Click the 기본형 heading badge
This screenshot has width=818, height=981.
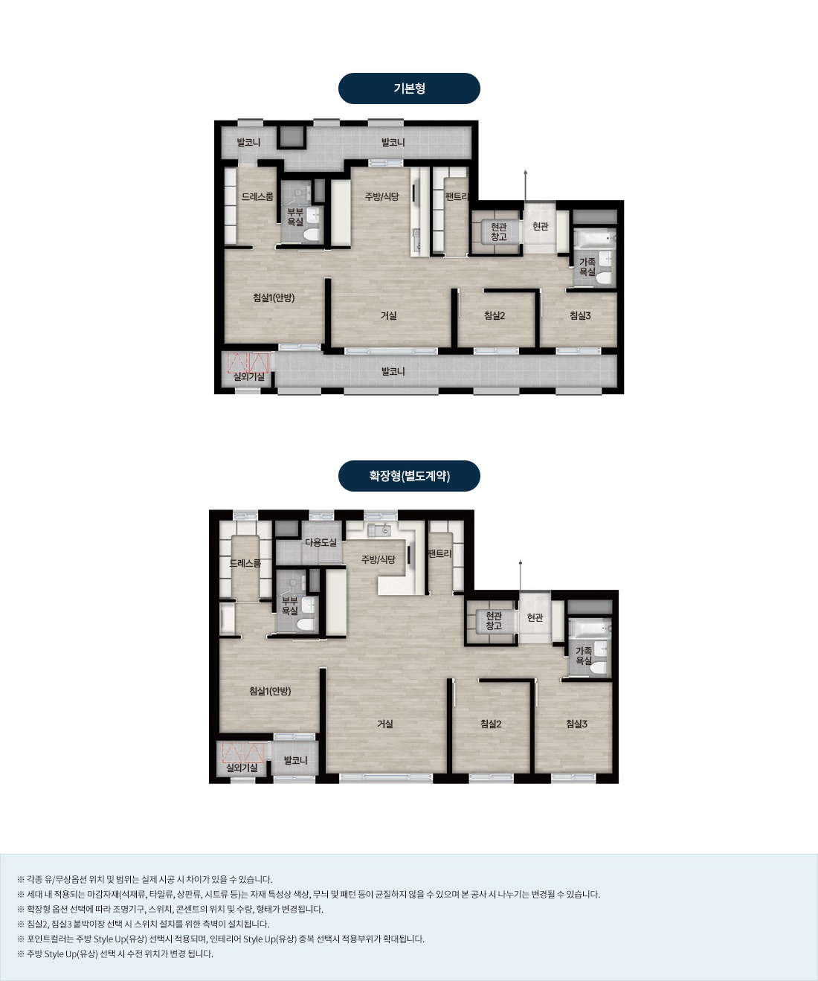point(409,89)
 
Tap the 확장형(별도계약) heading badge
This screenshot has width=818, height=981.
point(409,476)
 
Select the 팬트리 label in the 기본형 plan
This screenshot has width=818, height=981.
point(457,196)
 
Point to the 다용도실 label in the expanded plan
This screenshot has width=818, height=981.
point(321,542)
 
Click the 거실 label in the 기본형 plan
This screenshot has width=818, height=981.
point(389,315)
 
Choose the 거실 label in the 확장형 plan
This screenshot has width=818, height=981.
point(384,724)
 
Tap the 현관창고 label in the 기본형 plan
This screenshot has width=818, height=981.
point(498,231)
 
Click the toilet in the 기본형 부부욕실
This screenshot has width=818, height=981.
point(312,234)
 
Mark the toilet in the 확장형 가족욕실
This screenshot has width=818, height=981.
point(598,668)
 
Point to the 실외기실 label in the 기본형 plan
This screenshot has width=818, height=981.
point(248,376)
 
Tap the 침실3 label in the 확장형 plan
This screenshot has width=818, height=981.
point(576,724)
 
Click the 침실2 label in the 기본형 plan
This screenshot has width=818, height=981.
point(495,315)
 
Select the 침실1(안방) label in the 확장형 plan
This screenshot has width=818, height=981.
point(270,691)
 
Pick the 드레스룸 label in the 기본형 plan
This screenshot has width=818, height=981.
point(257,196)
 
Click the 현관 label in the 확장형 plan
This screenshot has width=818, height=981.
point(535,617)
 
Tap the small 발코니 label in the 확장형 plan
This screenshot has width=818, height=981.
point(295,759)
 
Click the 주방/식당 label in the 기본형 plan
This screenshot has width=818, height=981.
point(381,196)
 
